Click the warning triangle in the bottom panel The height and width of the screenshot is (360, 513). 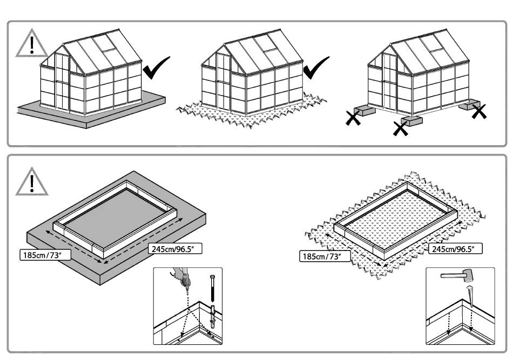(x=31, y=181)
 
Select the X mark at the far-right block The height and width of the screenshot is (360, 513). (x=479, y=112)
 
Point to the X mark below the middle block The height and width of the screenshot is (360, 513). (x=401, y=129)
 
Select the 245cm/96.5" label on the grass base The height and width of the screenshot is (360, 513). (x=455, y=249)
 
